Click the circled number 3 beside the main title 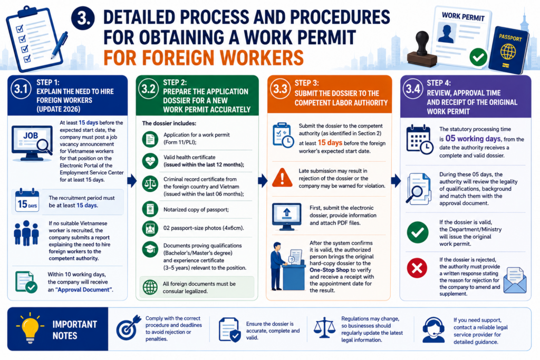(x=83, y=18)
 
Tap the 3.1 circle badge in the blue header (x=21, y=89)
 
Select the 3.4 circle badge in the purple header (x=413, y=89)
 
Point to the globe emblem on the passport (x=508, y=52)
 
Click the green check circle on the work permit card (x=478, y=57)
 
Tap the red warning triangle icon (x=282, y=178)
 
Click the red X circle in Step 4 (x=417, y=268)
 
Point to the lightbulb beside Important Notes (x=30, y=328)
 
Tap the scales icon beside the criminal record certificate (x=150, y=184)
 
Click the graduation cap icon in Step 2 (x=150, y=249)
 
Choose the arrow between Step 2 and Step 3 (x=263, y=180)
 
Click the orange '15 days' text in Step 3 (x=330, y=142)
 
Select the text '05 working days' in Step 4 (x=473, y=138)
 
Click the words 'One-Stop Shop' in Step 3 (x=330, y=270)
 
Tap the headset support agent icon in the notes (x=433, y=330)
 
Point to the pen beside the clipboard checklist (x=60, y=44)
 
